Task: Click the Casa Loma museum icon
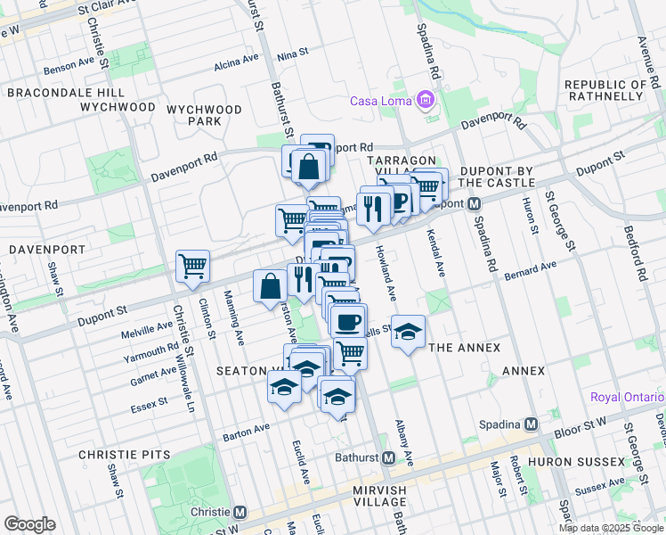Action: coord(426,100)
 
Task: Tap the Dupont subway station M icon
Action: coord(475,204)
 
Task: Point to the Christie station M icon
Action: coord(240,513)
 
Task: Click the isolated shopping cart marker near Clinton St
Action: coord(192,266)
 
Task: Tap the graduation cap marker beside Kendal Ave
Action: coord(408,333)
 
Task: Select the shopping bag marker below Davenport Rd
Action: coord(307,167)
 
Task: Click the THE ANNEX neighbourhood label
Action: coord(464,348)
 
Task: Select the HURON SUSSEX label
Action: coord(578,462)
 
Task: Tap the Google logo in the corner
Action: coord(29,523)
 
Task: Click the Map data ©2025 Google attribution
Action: coord(610,528)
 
